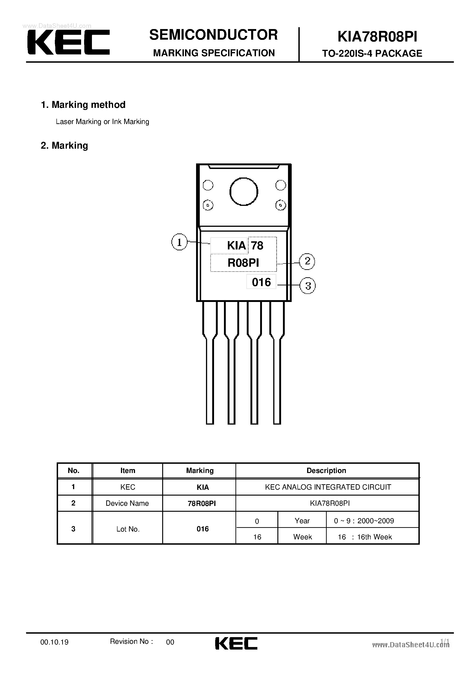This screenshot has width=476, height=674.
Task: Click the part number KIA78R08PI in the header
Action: pyautogui.click(x=377, y=37)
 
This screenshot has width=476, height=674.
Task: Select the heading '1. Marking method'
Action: pyautogui.click(x=83, y=105)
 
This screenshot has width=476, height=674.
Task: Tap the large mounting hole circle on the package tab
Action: pyautogui.click(x=244, y=192)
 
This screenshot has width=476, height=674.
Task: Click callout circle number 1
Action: pyautogui.click(x=179, y=242)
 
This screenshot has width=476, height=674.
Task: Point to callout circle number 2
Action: pyautogui.click(x=307, y=261)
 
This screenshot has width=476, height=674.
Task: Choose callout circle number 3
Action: pyautogui.click(x=308, y=286)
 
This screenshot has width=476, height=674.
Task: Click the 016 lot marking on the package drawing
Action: pyautogui.click(x=261, y=282)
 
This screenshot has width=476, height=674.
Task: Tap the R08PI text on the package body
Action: pyautogui.click(x=243, y=263)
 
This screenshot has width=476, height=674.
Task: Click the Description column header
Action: pyautogui.click(x=326, y=470)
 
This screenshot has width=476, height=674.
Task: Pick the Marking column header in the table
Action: pyautogui.click(x=200, y=470)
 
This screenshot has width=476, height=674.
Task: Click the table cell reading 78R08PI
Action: pyautogui.click(x=202, y=503)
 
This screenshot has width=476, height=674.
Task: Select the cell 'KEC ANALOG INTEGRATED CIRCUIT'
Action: pyautogui.click(x=328, y=487)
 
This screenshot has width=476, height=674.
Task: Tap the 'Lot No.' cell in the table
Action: pyautogui.click(x=128, y=529)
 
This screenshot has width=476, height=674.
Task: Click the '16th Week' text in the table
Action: pyautogui.click(x=374, y=537)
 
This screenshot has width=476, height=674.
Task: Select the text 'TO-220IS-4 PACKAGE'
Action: pyautogui.click(x=372, y=53)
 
